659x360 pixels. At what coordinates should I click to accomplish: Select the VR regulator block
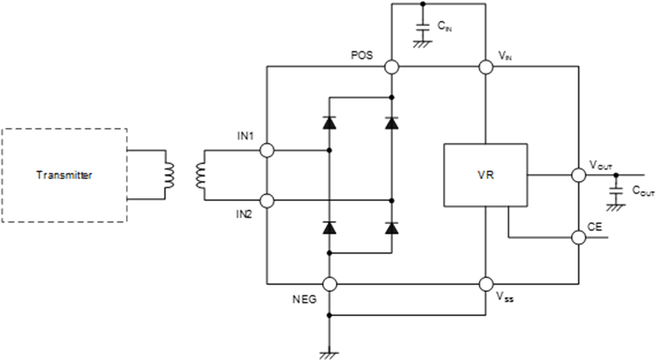point(486,175)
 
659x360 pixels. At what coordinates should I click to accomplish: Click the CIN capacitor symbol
point(423,28)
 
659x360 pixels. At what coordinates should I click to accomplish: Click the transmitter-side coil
point(170,175)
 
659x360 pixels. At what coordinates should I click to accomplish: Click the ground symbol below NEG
point(329,356)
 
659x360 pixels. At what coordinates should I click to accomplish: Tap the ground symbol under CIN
point(423,44)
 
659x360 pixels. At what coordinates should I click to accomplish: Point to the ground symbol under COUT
point(616,208)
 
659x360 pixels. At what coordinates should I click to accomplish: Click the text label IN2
point(243,215)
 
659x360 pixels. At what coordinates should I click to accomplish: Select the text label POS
point(361,55)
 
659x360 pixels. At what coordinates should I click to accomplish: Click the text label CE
point(595,227)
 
